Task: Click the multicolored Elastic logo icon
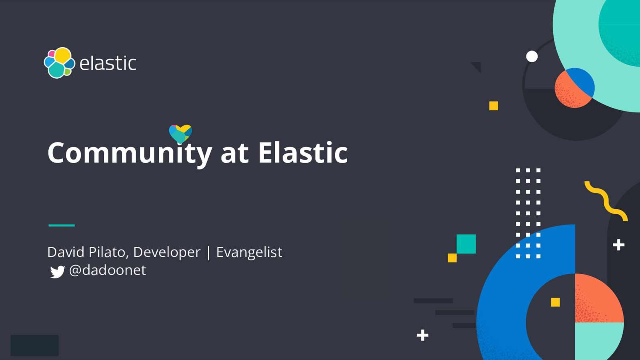click(59, 63)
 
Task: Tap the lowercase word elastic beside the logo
click(108, 64)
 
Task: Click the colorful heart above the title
click(180, 134)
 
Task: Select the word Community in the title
click(130, 153)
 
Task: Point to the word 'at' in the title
click(234, 153)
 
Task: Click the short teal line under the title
click(62, 225)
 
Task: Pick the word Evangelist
click(249, 252)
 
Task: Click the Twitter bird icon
click(57, 272)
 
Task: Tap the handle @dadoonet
click(108, 270)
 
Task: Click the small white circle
click(532, 56)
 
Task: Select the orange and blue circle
click(574, 88)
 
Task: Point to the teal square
click(466, 244)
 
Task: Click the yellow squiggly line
click(606, 200)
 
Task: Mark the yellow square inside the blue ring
click(555, 302)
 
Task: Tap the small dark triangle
click(477, 66)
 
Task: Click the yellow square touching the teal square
click(452, 258)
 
